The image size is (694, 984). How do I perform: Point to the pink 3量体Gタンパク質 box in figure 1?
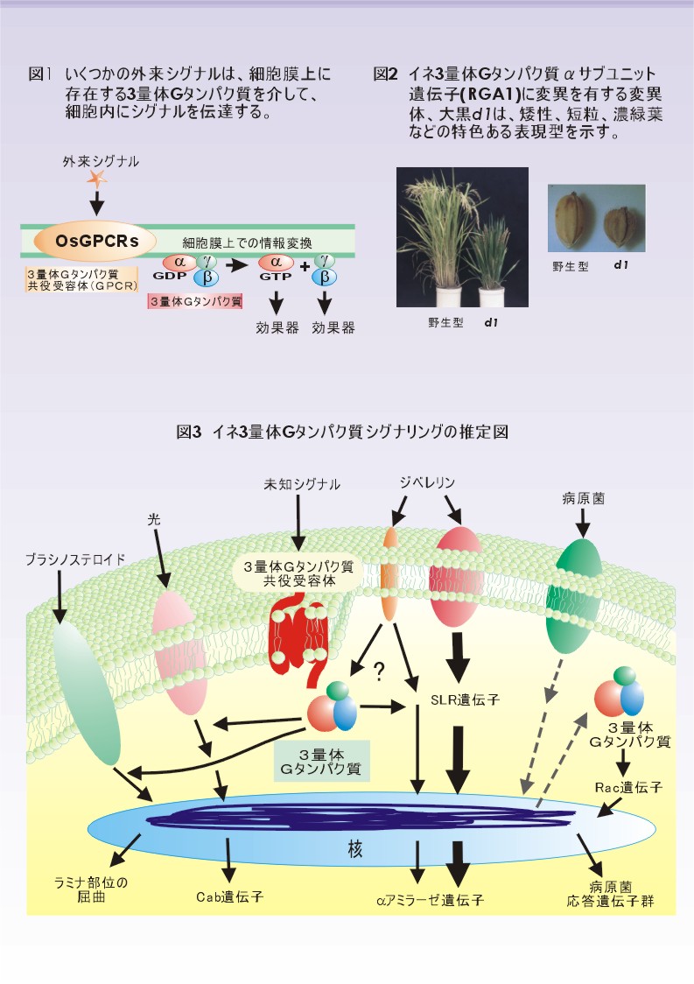195,301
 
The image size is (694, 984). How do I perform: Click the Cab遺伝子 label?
228,896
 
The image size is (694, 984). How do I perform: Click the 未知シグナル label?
302,483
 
